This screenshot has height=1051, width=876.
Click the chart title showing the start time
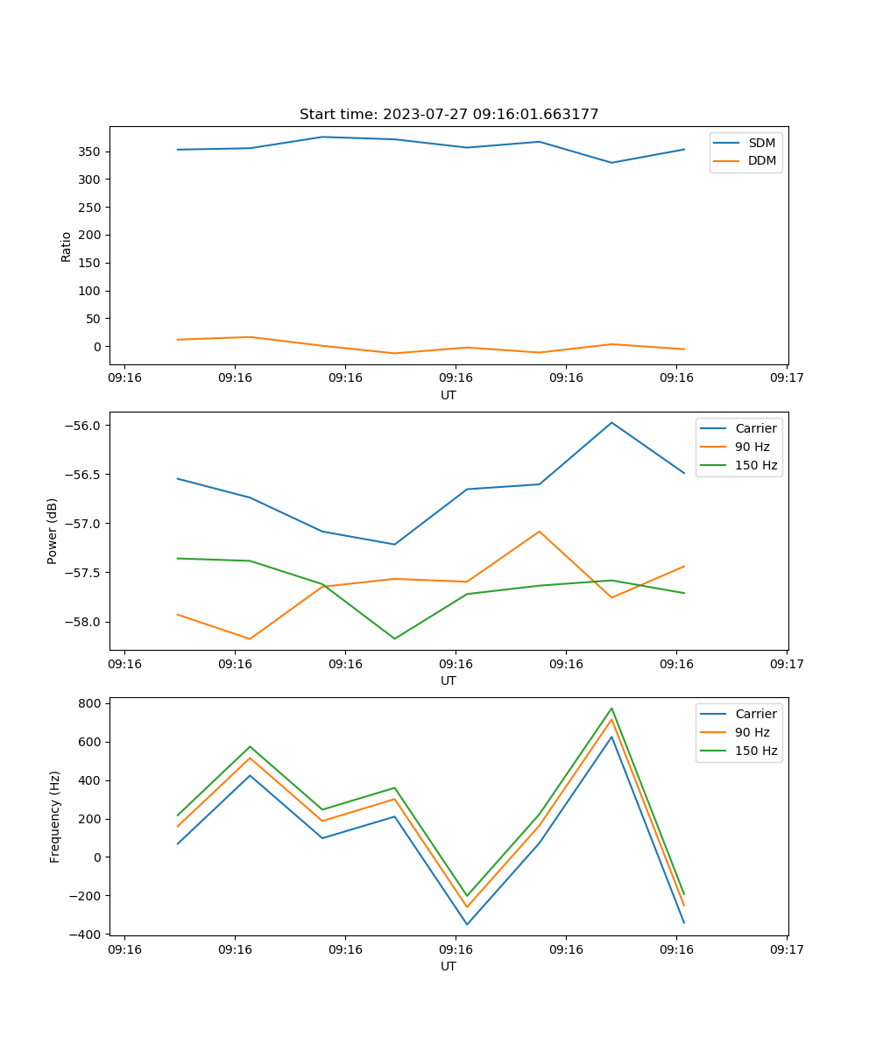coord(449,115)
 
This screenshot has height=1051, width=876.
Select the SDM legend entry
coord(761,143)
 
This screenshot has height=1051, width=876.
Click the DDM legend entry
coord(761,160)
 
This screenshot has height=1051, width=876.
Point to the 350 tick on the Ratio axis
coord(91,152)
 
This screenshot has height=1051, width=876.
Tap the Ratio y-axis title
coord(67,246)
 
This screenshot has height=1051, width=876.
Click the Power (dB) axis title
coord(53,531)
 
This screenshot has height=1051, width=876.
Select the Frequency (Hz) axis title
coord(55,816)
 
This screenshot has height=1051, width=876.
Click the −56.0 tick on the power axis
coord(82,426)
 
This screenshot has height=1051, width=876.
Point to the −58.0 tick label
coord(82,622)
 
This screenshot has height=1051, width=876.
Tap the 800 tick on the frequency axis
coord(91,703)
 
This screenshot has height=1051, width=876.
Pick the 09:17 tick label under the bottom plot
coord(786,949)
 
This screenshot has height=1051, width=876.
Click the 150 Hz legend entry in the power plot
coord(755,465)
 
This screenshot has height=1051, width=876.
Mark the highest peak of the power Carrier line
coord(611,422)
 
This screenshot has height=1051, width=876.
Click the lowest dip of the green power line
coord(394,638)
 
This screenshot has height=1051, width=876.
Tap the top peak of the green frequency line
coord(611,709)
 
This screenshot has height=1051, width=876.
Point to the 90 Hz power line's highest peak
coord(539,531)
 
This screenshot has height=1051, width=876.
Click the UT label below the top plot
coord(449,395)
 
